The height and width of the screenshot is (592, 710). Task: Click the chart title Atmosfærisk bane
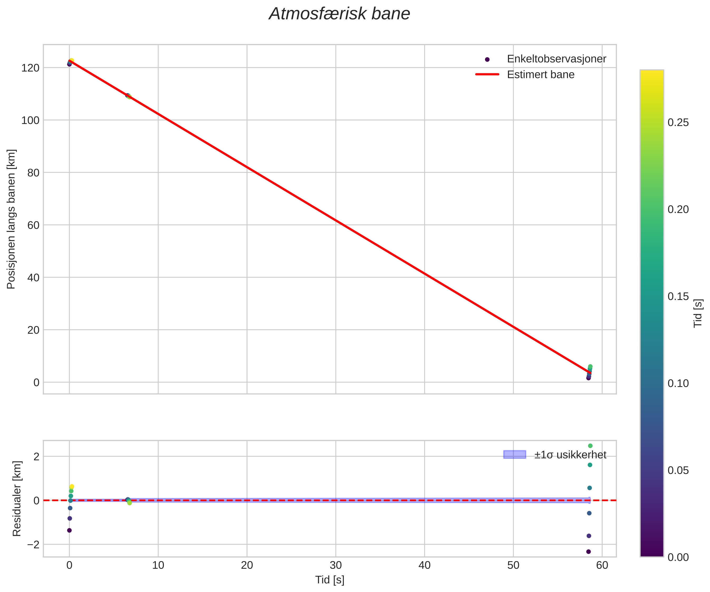(339, 14)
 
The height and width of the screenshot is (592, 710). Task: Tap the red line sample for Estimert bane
(487, 74)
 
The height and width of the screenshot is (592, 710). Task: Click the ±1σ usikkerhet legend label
(570, 455)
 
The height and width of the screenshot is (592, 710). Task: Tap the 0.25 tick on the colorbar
(678, 123)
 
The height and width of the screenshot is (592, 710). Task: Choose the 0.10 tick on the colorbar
(678, 383)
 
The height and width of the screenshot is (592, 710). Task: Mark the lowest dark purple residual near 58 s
(589, 552)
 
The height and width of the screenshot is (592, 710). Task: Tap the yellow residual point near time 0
(72, 487)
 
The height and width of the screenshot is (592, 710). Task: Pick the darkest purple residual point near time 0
(69, 530)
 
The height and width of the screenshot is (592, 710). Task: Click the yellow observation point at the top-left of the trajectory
(71, 61)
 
